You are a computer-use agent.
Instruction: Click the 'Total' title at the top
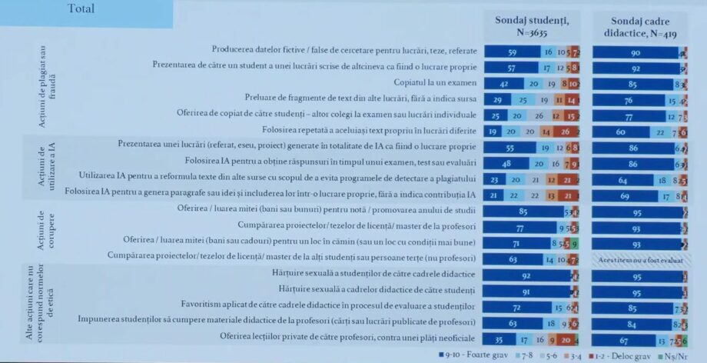[x=81, y=9]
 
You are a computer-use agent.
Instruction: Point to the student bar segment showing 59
[x=513, y=51]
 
